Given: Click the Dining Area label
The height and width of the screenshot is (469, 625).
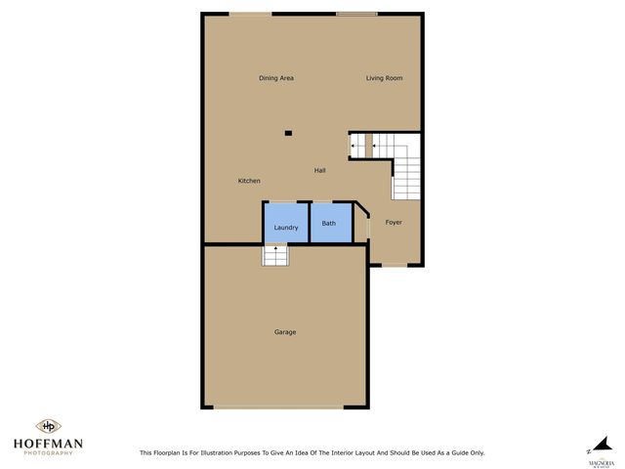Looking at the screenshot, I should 276,78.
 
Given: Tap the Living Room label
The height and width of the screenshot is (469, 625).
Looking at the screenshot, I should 385,78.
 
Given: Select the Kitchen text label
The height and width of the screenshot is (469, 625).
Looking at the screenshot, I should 249,181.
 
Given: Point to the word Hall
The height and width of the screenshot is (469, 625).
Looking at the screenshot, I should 319,171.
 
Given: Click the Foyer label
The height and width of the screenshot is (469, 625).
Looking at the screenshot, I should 394,223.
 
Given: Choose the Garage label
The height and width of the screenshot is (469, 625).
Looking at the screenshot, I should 285,332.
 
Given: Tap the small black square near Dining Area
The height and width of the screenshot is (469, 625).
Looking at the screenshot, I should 288,133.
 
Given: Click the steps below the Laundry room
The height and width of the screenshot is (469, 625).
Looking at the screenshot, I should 275,255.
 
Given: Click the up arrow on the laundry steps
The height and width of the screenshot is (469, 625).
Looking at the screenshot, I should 275,251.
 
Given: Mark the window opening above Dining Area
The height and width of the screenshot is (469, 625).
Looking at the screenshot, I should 251,14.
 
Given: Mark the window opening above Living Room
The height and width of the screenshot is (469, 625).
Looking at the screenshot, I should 356,14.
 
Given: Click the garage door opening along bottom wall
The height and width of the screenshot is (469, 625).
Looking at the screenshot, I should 285,406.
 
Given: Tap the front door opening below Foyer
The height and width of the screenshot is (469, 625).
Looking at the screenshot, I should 396,265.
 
